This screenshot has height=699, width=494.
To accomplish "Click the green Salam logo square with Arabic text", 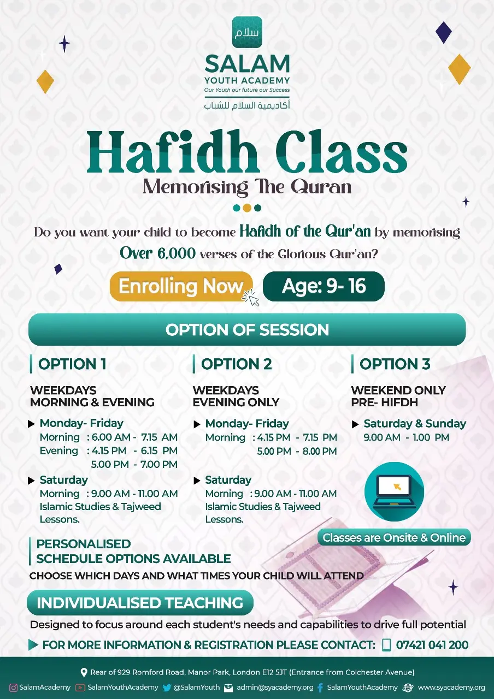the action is click(247, 32).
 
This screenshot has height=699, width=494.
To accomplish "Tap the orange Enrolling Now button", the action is click(181, 286).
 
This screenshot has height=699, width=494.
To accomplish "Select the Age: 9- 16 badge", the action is click(324, 286).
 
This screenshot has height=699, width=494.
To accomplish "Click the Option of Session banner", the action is click(247, 329).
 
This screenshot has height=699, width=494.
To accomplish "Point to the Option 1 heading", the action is click(72, 364).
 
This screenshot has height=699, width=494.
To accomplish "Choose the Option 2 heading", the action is click(237, 364).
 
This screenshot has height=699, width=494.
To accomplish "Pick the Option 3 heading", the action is click(395, 364).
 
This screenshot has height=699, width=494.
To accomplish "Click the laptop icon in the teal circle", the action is click(394, 492).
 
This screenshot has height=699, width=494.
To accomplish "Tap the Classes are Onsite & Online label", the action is click(394, 537).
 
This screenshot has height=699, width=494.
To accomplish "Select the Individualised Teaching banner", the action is click(140, 602).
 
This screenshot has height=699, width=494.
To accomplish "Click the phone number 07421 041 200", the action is click(432, 645).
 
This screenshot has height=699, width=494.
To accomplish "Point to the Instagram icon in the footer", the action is click(14, 688).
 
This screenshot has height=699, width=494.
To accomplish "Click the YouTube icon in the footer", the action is click(80, 688).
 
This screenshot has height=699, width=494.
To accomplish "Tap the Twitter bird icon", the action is click(167, 688).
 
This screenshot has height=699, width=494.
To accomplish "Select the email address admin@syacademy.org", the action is click(275, 688).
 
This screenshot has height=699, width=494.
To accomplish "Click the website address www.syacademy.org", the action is click(451, 688).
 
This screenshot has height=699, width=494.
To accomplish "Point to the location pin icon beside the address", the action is click(84, 672).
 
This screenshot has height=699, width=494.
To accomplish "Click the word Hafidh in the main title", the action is click(172, 151).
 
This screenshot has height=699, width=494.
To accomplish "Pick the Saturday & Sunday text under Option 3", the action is click(415, 423).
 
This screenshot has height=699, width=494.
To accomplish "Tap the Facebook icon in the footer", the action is click(320, 688).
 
